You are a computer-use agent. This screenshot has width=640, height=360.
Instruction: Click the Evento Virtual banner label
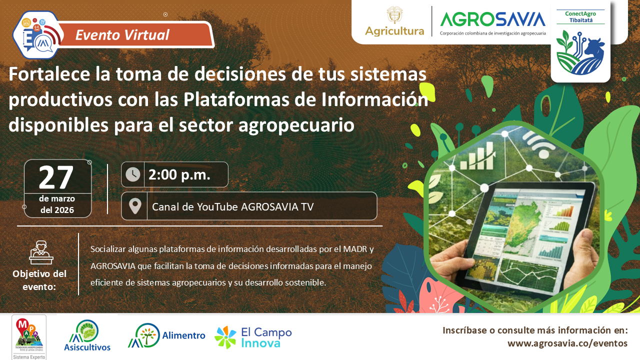(122, 35)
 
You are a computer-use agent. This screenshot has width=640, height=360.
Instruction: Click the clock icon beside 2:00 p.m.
(133, 174)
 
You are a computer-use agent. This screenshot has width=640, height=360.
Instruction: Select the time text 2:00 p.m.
(179, 174)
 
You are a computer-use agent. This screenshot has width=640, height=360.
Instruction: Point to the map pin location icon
(134, 206)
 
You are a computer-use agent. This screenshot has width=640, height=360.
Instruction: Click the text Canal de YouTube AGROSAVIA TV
(232, 206)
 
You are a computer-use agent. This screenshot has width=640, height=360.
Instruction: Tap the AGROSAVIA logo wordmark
(492, 19)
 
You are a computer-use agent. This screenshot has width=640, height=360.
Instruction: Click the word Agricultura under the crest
(394, 31)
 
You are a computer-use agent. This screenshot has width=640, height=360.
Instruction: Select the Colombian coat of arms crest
(394, 14)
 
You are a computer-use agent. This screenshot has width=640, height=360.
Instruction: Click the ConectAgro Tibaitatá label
(580, 16)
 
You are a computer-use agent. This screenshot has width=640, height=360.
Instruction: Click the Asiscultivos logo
(87, 335)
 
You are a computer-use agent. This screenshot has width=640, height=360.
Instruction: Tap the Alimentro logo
(166, 335)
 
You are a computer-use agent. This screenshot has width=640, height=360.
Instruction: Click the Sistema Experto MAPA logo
(29, 337)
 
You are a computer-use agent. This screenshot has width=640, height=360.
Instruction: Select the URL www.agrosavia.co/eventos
(567, 343)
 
